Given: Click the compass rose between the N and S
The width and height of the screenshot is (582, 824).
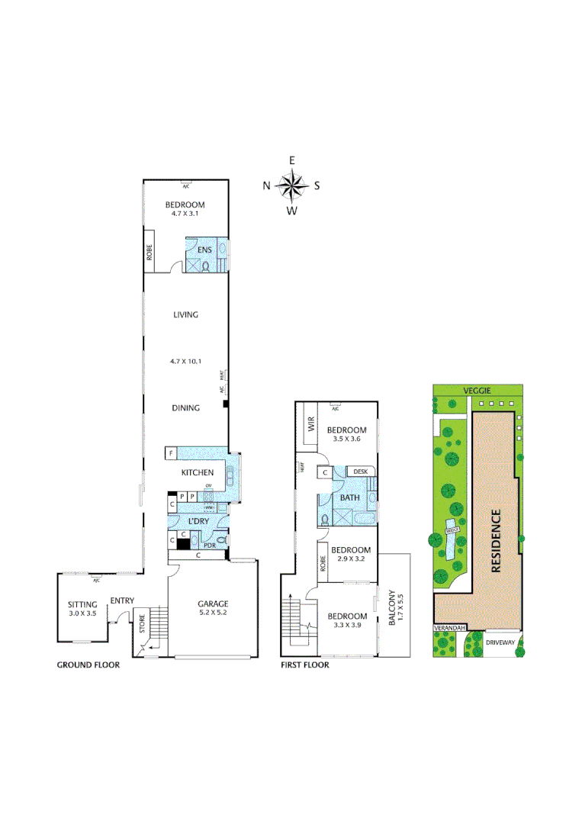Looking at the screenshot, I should pyautogui.click(x=291, y=185).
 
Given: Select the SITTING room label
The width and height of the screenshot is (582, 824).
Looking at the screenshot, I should pyautogui.click(x=82, y=605).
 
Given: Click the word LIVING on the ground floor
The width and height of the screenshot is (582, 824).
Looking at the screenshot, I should pyautogui.click(x=185, y=314).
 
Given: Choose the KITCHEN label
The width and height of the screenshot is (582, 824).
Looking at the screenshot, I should pyautogui.click(x=197, y=473).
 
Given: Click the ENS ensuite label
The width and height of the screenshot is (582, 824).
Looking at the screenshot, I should pyautogui.click(x=204, y=249).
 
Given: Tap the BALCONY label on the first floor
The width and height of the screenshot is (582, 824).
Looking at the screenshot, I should pyautogui.click(x=392, y=607).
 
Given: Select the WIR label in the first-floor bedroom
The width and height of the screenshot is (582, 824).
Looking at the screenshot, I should pyautogui.click(x=311, y=426).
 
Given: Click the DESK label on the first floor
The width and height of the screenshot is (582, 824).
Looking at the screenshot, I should pyautogui.click(x=361, y=472).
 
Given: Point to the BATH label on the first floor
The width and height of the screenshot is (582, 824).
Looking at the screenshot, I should pyautogui.click(x=350, y=497).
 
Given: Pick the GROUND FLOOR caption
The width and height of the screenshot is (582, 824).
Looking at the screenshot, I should pyautogui.click(x=88, y=665).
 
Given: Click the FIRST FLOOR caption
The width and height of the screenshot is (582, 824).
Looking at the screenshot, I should pyautogui.click(x=305, y=665).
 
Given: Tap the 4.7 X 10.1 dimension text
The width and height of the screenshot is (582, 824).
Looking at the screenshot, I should pyautogui.click(x=185, y=362).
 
